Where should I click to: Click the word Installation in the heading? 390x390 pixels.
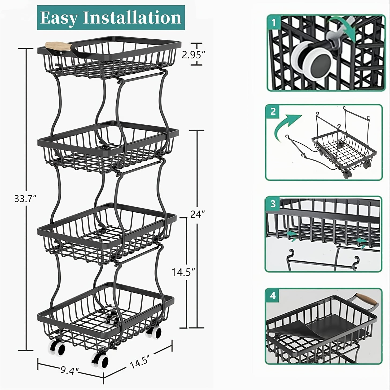(132, 18)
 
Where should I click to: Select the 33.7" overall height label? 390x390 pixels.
(25, 199)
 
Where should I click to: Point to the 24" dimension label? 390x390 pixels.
(198, 214)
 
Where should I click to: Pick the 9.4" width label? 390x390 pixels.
(69, 371)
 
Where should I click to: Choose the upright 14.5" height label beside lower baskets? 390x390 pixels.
(183, 272)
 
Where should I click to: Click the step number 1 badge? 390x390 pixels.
(273, 23)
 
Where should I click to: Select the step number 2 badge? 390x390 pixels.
(273, 111)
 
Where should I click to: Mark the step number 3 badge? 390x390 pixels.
(273, 204)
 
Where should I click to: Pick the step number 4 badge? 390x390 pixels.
(273, 295)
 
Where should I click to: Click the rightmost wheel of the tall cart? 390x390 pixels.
(154, 333)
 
